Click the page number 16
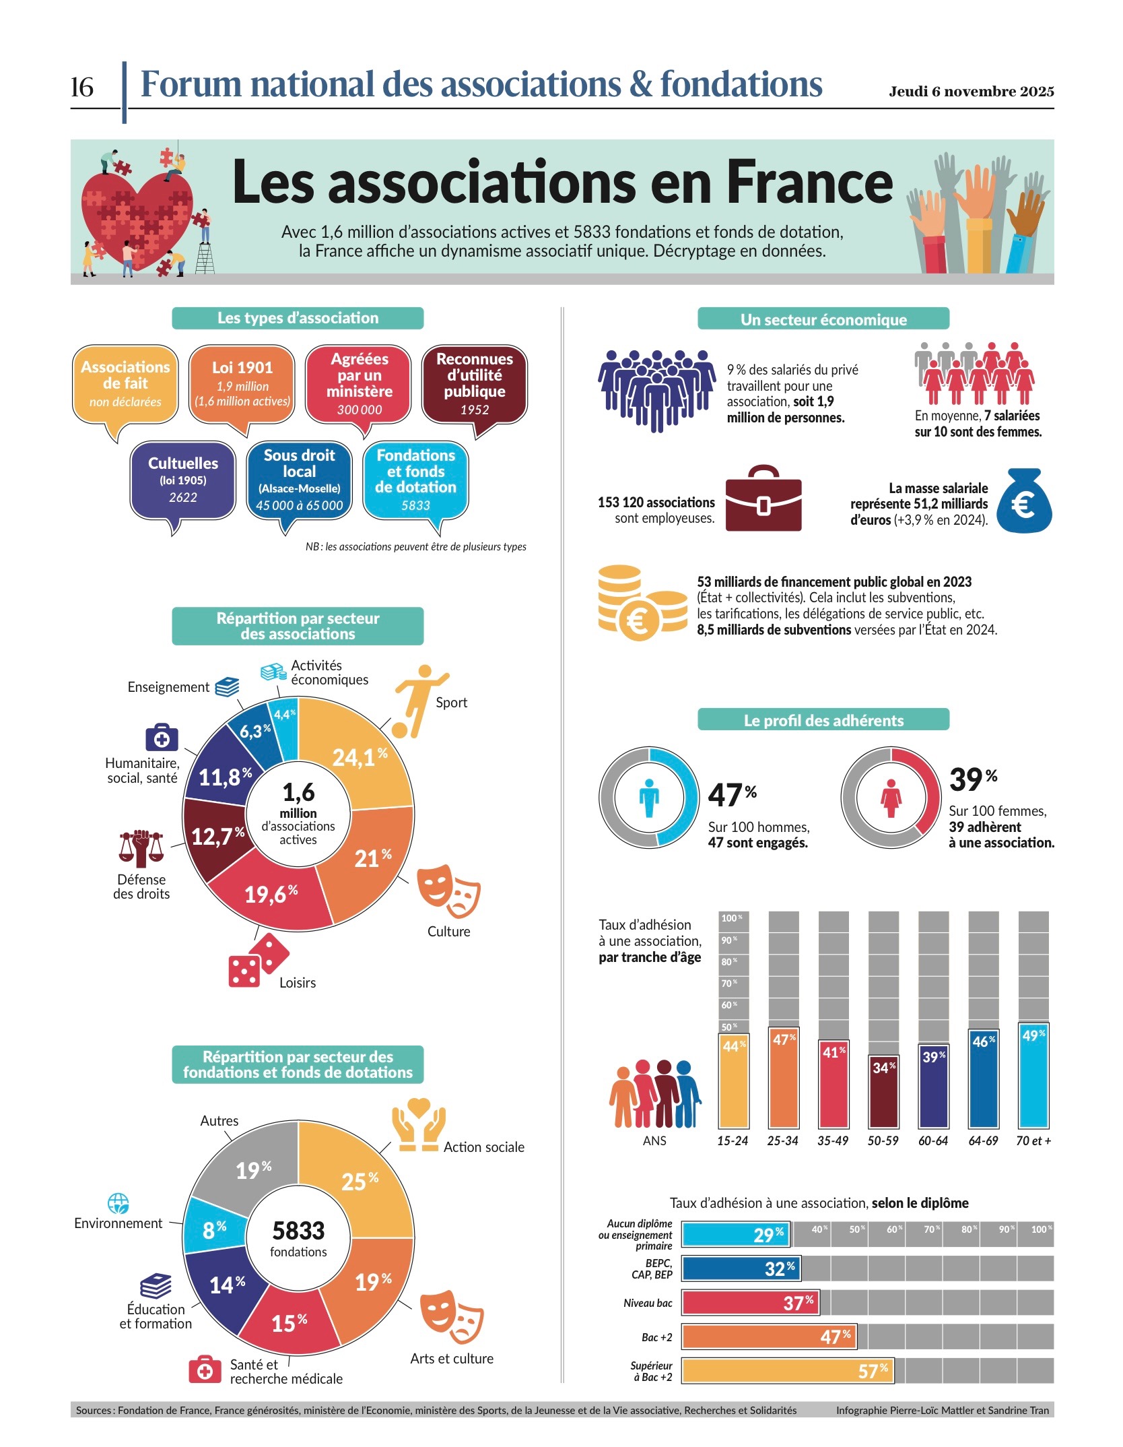(82, 87)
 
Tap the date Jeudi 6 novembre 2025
(971, 92)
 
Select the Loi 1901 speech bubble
(242, 384)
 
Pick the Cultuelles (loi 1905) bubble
(182, 480)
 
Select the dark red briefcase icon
(763, 499)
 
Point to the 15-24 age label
(733, 1141)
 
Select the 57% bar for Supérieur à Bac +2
(788, 1371)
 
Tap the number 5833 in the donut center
(298, 1231)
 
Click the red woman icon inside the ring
(891, 798)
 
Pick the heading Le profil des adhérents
(823, 720)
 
